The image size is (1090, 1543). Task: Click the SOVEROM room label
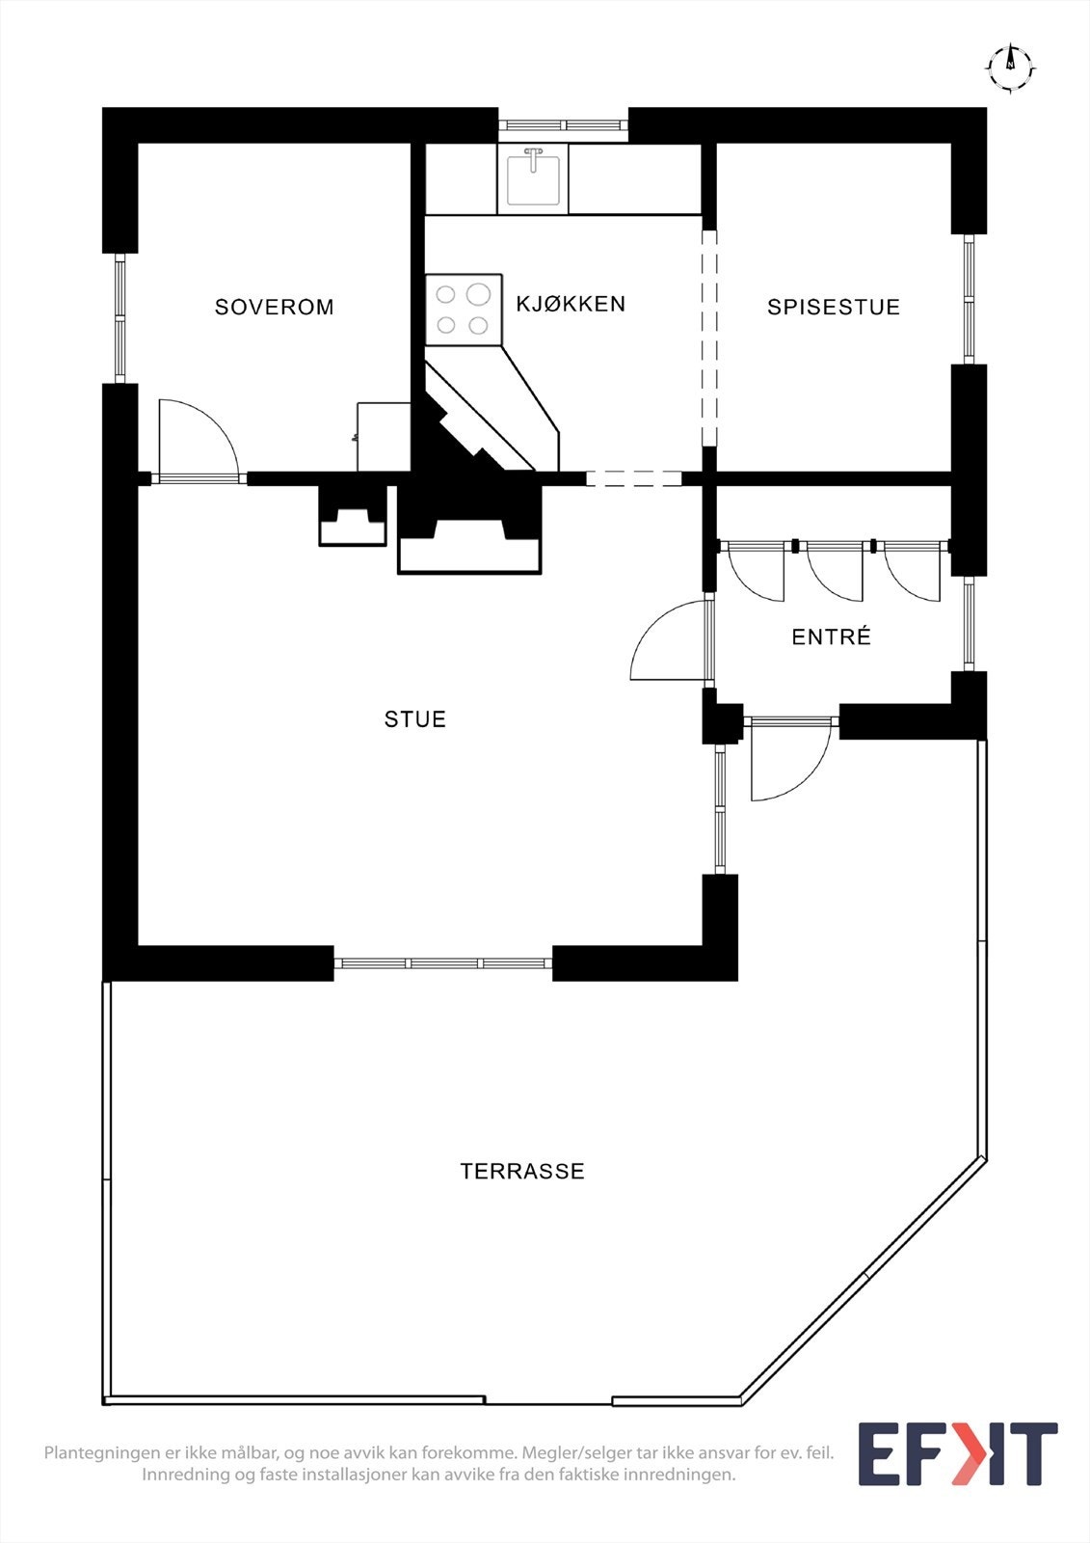click(274, 308)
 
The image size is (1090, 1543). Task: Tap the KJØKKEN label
click(571, 305)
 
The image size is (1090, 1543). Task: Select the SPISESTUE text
click(834, 308)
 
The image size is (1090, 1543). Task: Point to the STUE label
click(415, 719)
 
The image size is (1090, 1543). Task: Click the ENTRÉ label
click(831, 637)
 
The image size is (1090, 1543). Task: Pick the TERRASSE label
click(522, 1172)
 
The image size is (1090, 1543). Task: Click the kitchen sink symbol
click(533, 177)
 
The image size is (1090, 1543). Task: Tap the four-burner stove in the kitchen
click(463, 310)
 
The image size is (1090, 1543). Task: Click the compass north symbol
click(1010, 67)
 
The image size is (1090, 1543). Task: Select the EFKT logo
click(957, 1453)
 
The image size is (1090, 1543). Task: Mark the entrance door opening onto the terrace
click(789, 761)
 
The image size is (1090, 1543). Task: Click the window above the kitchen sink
click(563, 124)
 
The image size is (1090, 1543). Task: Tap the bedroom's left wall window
click(120, 317)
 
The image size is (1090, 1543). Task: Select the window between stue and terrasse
click(443, 962)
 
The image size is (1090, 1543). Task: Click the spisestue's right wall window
click(969, 299)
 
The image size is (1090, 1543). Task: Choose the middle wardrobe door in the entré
click(833, 572)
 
